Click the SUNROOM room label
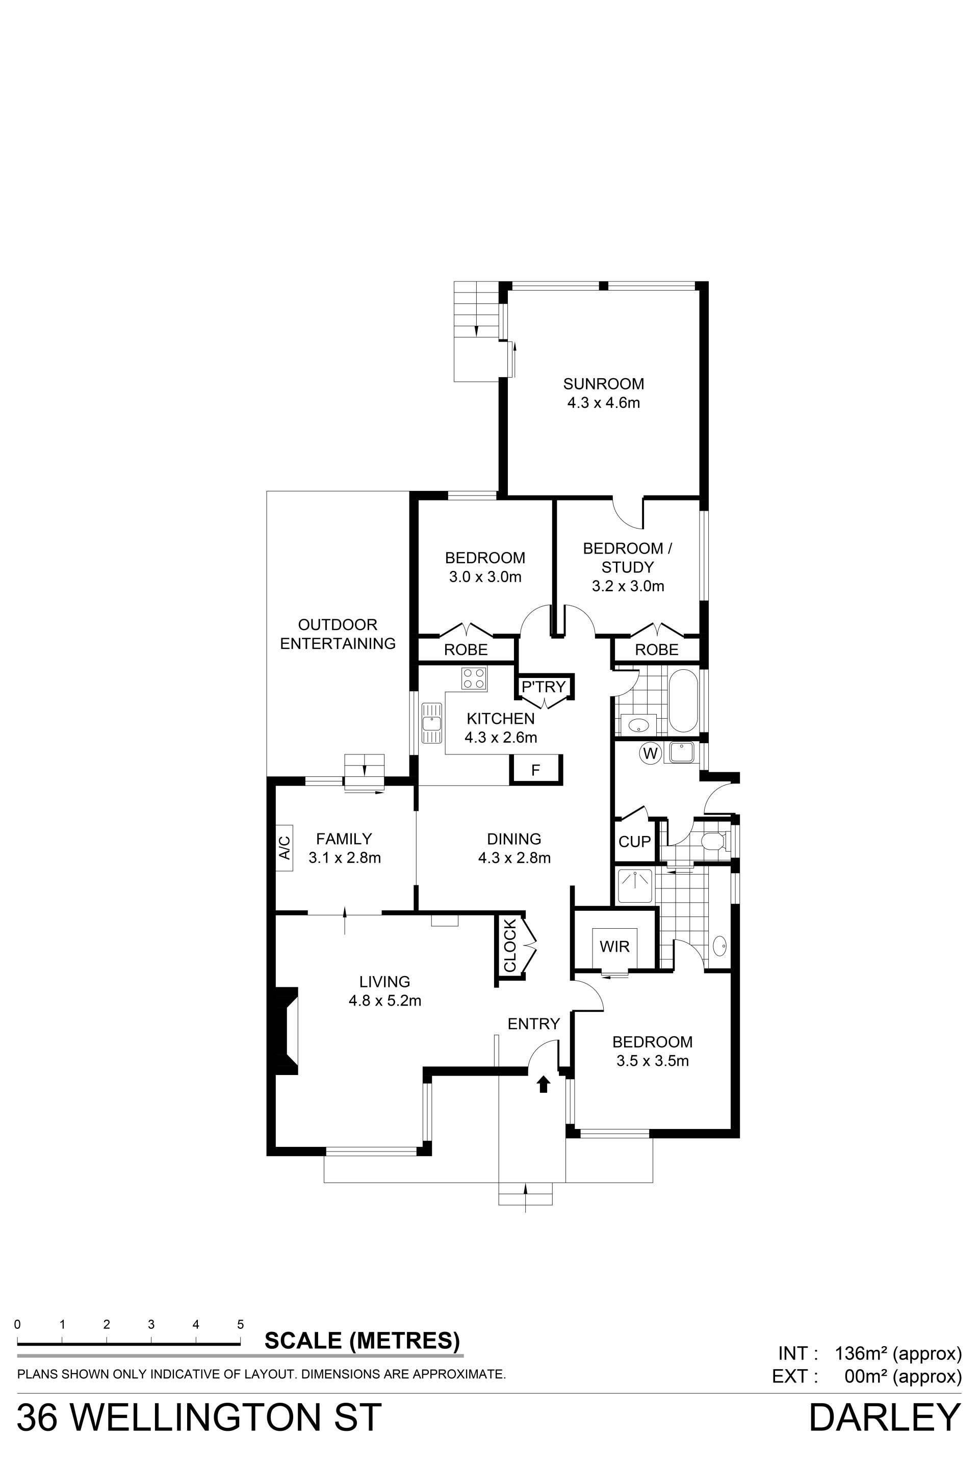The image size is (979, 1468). coord(603,384)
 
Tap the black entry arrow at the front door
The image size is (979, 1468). coord(543,1084)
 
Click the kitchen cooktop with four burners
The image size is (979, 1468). coord(474,678)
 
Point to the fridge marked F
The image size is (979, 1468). coord(536,770)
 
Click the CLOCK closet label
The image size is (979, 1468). coord(510,946)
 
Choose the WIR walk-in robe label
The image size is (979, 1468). coord(614,947)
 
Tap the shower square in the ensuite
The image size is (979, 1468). coord(634,886)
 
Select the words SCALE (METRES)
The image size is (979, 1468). coord(362,1340)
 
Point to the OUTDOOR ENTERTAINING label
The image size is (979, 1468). coord(338,634)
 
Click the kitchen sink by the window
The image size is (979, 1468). coord(431,723)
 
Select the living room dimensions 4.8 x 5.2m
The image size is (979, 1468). coord(384,1001)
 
